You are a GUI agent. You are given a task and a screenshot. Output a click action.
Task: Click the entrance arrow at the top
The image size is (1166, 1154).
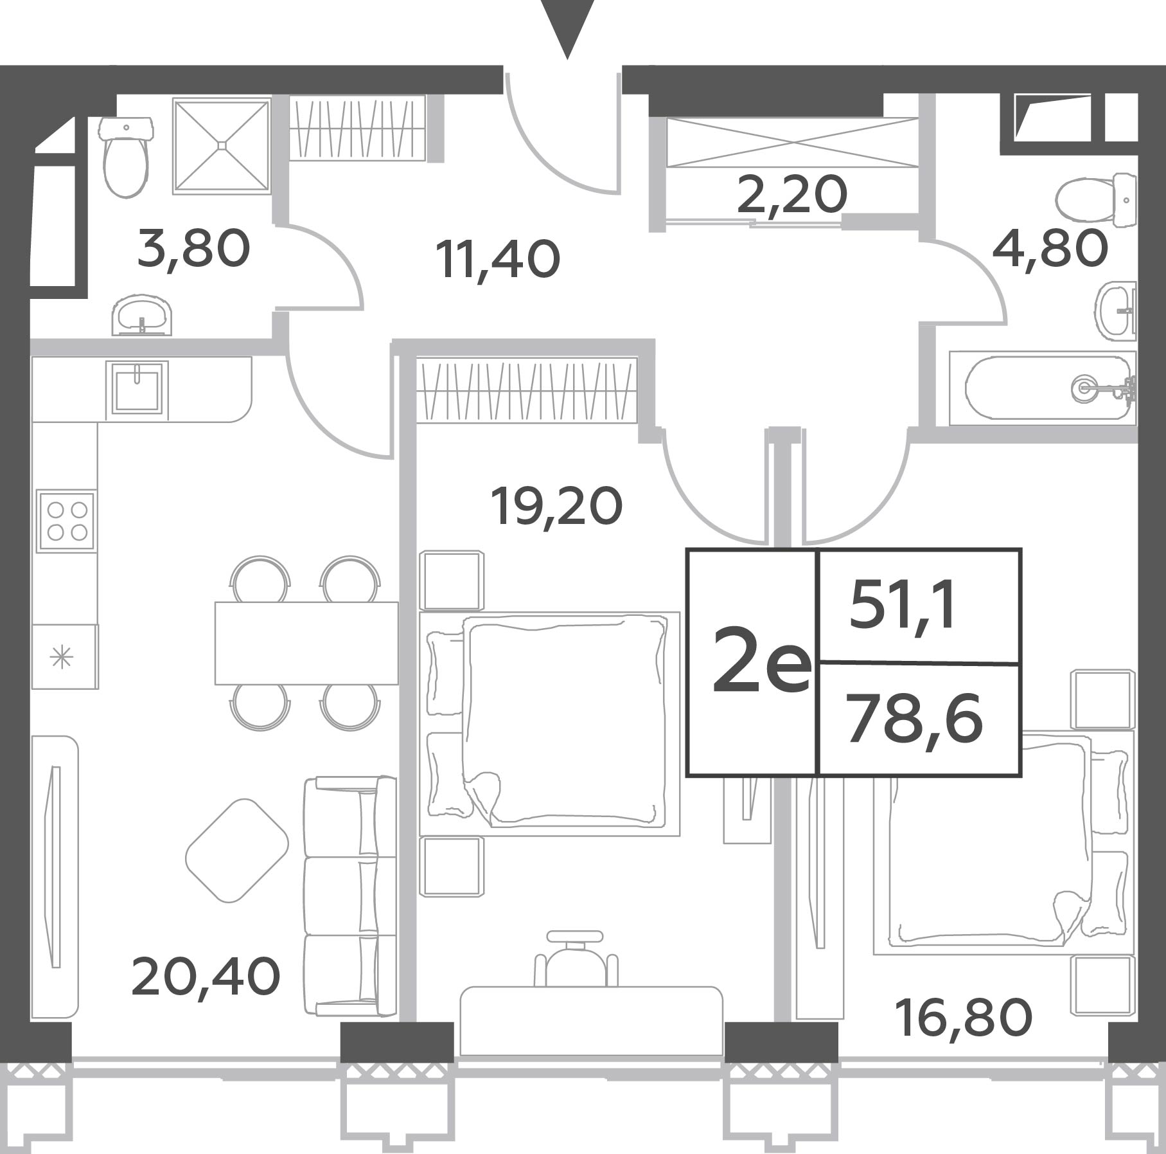567,29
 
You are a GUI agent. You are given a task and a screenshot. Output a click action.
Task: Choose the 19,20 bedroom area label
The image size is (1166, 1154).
556,507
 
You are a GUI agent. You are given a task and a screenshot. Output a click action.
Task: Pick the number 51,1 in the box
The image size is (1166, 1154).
903,608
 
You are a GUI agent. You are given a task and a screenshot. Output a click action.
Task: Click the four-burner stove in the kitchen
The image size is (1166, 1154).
67,521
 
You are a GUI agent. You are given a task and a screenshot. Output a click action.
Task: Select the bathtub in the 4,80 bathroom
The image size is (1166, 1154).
1042,388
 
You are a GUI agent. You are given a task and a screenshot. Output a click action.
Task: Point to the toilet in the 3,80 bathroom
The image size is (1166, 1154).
126,156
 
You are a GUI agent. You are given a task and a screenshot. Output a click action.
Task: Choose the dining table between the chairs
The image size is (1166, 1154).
306,643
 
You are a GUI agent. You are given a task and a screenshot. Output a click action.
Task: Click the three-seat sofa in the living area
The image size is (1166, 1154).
349,897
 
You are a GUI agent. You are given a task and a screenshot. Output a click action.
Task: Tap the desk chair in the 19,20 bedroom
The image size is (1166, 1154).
576,959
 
